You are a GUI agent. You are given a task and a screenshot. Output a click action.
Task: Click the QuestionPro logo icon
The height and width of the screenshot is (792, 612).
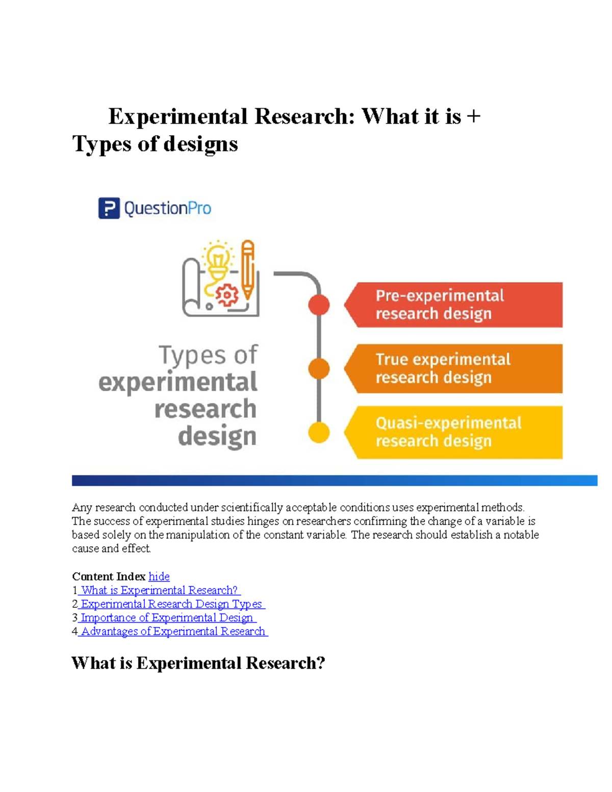tap(109, 208)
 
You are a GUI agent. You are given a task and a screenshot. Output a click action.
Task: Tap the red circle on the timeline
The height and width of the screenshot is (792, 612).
tap(319, 305)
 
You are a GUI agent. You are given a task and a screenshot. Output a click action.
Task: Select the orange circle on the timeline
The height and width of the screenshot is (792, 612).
tap(319, 369)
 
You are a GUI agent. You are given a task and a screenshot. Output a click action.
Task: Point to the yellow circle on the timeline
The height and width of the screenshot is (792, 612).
tap(319, 433)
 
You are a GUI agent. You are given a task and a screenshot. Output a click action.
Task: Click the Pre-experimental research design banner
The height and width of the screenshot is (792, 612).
tap(454, 305)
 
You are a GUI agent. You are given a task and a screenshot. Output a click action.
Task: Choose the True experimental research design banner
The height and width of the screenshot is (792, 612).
tap(454, 369)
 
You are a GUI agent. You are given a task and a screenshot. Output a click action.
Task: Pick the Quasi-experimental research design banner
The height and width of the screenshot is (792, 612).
tap(454, 432)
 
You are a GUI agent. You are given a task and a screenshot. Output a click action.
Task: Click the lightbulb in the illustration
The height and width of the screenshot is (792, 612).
tap(218, 259)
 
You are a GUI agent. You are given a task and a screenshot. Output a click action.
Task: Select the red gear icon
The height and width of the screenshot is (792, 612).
tap(227, 295)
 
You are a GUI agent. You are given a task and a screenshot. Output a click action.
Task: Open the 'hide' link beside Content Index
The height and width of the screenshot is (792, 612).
tap(159, 576)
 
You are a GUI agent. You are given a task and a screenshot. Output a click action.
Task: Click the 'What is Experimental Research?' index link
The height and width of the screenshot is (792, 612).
tap(159, 590)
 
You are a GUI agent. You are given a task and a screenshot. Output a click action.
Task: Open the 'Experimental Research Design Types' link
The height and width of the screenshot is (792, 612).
tap(171, 604)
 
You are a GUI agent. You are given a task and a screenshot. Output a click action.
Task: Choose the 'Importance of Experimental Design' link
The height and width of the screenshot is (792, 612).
tap(167, 618)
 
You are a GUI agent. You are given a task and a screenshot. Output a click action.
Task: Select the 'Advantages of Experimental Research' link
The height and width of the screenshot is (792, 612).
tap(173, 631)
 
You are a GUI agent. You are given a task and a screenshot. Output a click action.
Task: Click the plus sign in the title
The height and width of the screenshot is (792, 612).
tap(473, 117)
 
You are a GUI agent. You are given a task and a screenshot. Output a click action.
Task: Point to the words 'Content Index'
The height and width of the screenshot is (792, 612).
tap(109, 576)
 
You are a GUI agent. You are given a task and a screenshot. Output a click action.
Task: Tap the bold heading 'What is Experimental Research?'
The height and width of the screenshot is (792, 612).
tap(198, 663)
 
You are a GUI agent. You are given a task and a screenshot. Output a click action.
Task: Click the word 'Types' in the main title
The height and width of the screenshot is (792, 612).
tap(101, 144)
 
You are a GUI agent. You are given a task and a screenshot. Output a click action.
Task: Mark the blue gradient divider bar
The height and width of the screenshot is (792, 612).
tap(334, 480)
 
